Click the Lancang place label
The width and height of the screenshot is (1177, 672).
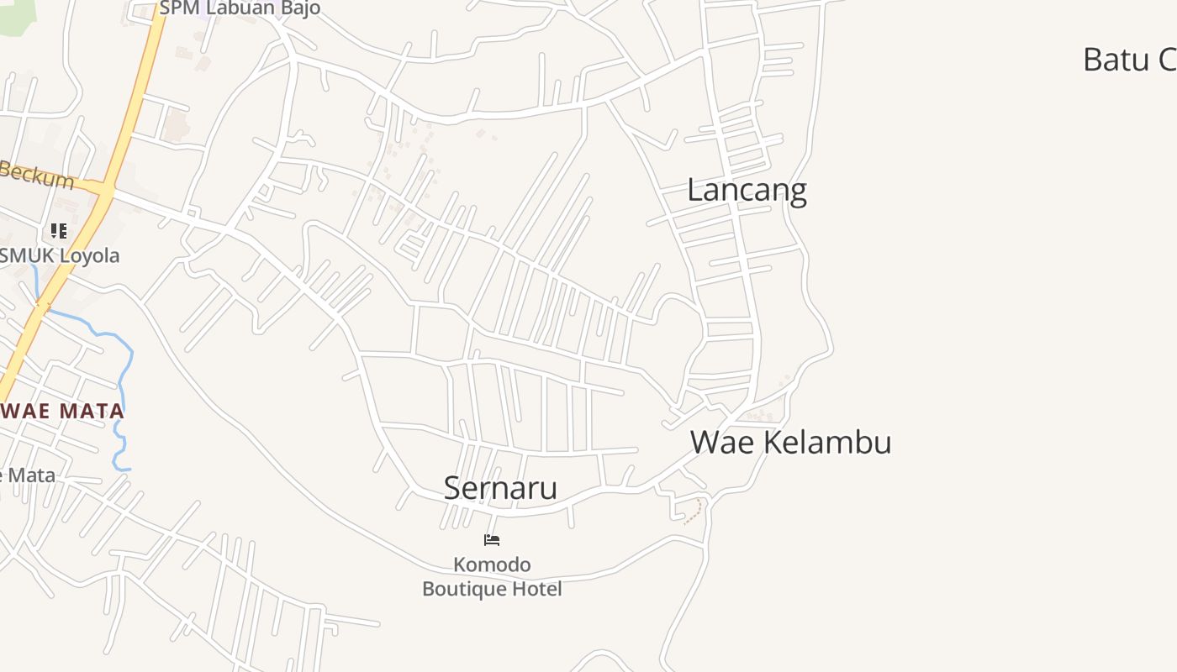coord(747,191)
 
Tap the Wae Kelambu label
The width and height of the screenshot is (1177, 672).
coord(790,442)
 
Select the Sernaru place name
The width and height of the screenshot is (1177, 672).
coord(500,488)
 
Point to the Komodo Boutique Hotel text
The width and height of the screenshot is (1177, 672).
coord(492,576)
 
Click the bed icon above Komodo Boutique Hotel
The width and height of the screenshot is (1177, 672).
coord(492,540)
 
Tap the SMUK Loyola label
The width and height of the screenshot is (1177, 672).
coord(60,256)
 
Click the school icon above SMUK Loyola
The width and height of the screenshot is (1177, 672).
coord(59,231)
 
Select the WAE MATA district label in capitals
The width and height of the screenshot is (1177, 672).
coord(62,412)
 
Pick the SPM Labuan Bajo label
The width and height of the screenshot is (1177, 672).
coord(240,9)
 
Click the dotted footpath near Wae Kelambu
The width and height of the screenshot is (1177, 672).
coord(694,512)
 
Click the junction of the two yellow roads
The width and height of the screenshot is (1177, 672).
coord(105,190)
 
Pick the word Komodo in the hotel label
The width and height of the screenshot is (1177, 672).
coord(492,564)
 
